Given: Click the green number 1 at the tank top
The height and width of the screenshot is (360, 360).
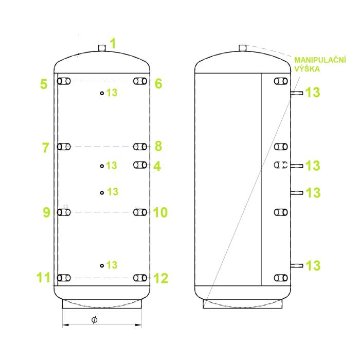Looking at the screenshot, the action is point(113,43).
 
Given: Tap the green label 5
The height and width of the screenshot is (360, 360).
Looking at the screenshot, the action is point(44,84).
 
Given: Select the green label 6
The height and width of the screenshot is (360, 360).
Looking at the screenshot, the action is point(158,83).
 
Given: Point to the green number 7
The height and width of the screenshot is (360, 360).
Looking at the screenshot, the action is point(46,148).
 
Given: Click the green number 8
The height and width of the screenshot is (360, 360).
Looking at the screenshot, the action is point(158,146).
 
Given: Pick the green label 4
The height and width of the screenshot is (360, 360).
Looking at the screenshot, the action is point(157,166).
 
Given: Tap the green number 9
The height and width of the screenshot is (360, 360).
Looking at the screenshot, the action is point(46,212).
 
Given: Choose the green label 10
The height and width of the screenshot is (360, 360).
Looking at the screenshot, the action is point(160,212).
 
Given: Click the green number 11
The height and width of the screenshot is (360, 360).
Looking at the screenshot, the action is point(43,277).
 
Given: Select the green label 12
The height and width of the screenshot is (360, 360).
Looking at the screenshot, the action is point(160,278).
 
